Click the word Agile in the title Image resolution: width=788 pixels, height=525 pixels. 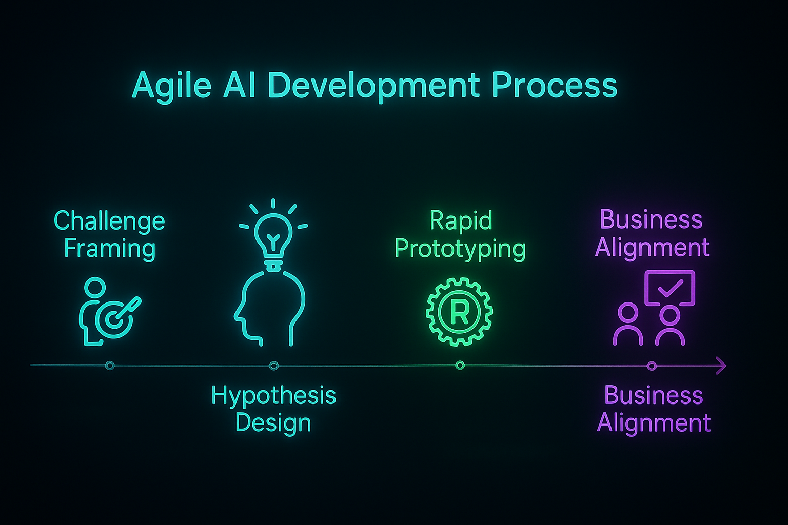click(171, 86)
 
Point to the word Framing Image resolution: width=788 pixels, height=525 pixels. click(110, 249)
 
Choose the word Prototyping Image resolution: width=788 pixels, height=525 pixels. click(460, 249)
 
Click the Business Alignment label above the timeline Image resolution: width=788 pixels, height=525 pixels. click(652, 234)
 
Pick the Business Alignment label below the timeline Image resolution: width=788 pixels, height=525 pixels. click(654, 410)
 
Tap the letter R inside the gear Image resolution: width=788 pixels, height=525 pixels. click(460, 312)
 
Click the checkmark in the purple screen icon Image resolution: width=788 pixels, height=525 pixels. click(670, 288)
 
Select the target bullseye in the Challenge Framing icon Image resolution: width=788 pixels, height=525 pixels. click(114, 319)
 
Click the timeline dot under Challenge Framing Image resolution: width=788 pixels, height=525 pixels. click(110, 366)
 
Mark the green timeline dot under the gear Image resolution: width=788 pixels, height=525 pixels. click(460, 366)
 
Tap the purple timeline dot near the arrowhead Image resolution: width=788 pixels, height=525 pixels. click(652, 366)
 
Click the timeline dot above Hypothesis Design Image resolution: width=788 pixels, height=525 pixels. click(273, 366)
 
